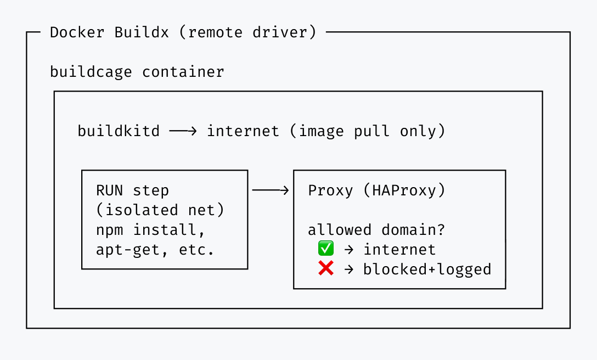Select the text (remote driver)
[247, 32]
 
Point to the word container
[183, 72]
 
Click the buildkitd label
[119, 131]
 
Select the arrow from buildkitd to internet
[183, 131]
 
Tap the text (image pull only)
[368, 131]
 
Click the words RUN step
[132, 190]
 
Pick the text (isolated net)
[160, 210]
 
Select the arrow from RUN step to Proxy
[270, 190]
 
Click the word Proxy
[330, 190]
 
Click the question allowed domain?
[377, 230]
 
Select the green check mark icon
[326, 249]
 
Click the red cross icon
[326, 269]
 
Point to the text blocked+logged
[427, 269]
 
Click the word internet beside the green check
[399, 250]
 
